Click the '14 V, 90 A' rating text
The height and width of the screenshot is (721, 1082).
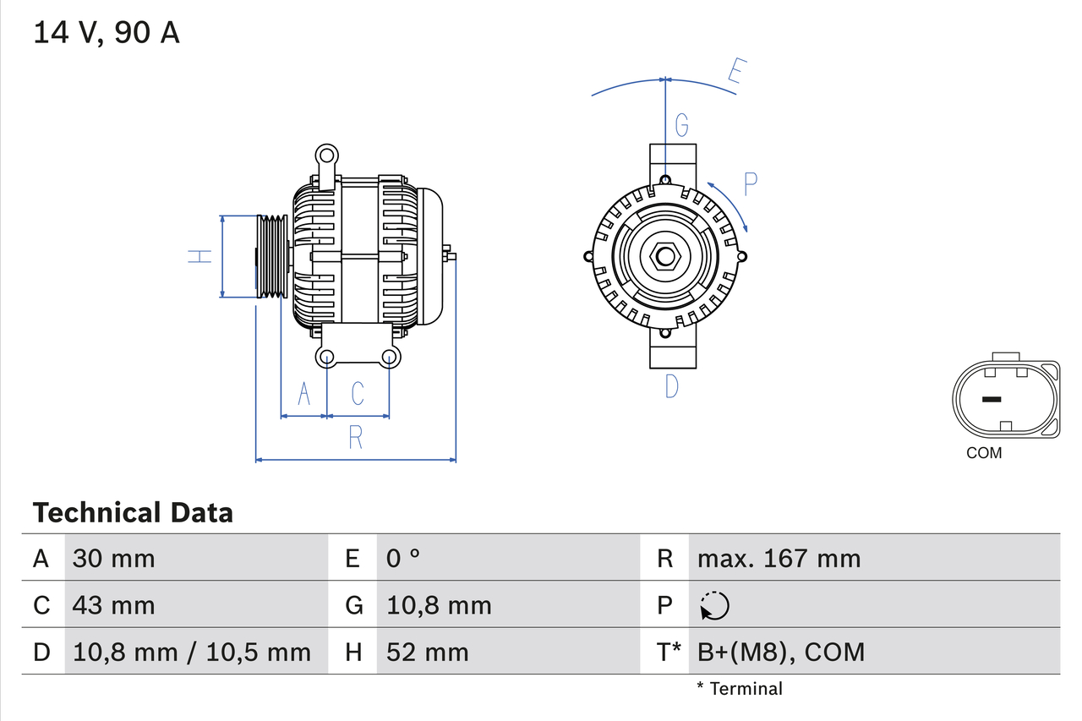click(107, 34)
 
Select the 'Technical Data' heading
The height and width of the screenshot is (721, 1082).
click(133, 513)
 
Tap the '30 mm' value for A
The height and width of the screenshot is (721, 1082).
click(114, 559)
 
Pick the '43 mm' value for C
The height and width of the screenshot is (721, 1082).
click(114, 605)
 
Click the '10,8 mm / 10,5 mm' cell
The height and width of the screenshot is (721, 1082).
click(192, 652)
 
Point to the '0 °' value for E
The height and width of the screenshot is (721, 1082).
click(403, 559)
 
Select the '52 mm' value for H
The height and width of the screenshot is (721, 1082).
click(427, 652)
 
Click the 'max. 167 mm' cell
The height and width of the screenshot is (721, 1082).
click(779, 559)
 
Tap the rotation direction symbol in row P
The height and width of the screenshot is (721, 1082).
click(714, 605)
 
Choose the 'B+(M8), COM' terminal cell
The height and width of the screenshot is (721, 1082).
click(780, 652)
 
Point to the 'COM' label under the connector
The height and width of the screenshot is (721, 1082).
click(984, 453)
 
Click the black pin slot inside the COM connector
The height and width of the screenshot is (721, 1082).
click(991, 399)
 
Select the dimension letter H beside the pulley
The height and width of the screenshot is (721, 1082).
click(200, 256)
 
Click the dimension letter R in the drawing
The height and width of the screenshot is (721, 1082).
click(356, 438)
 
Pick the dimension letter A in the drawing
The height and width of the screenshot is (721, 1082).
click(304, 394)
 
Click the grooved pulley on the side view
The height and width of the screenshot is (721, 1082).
click(272, 256)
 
